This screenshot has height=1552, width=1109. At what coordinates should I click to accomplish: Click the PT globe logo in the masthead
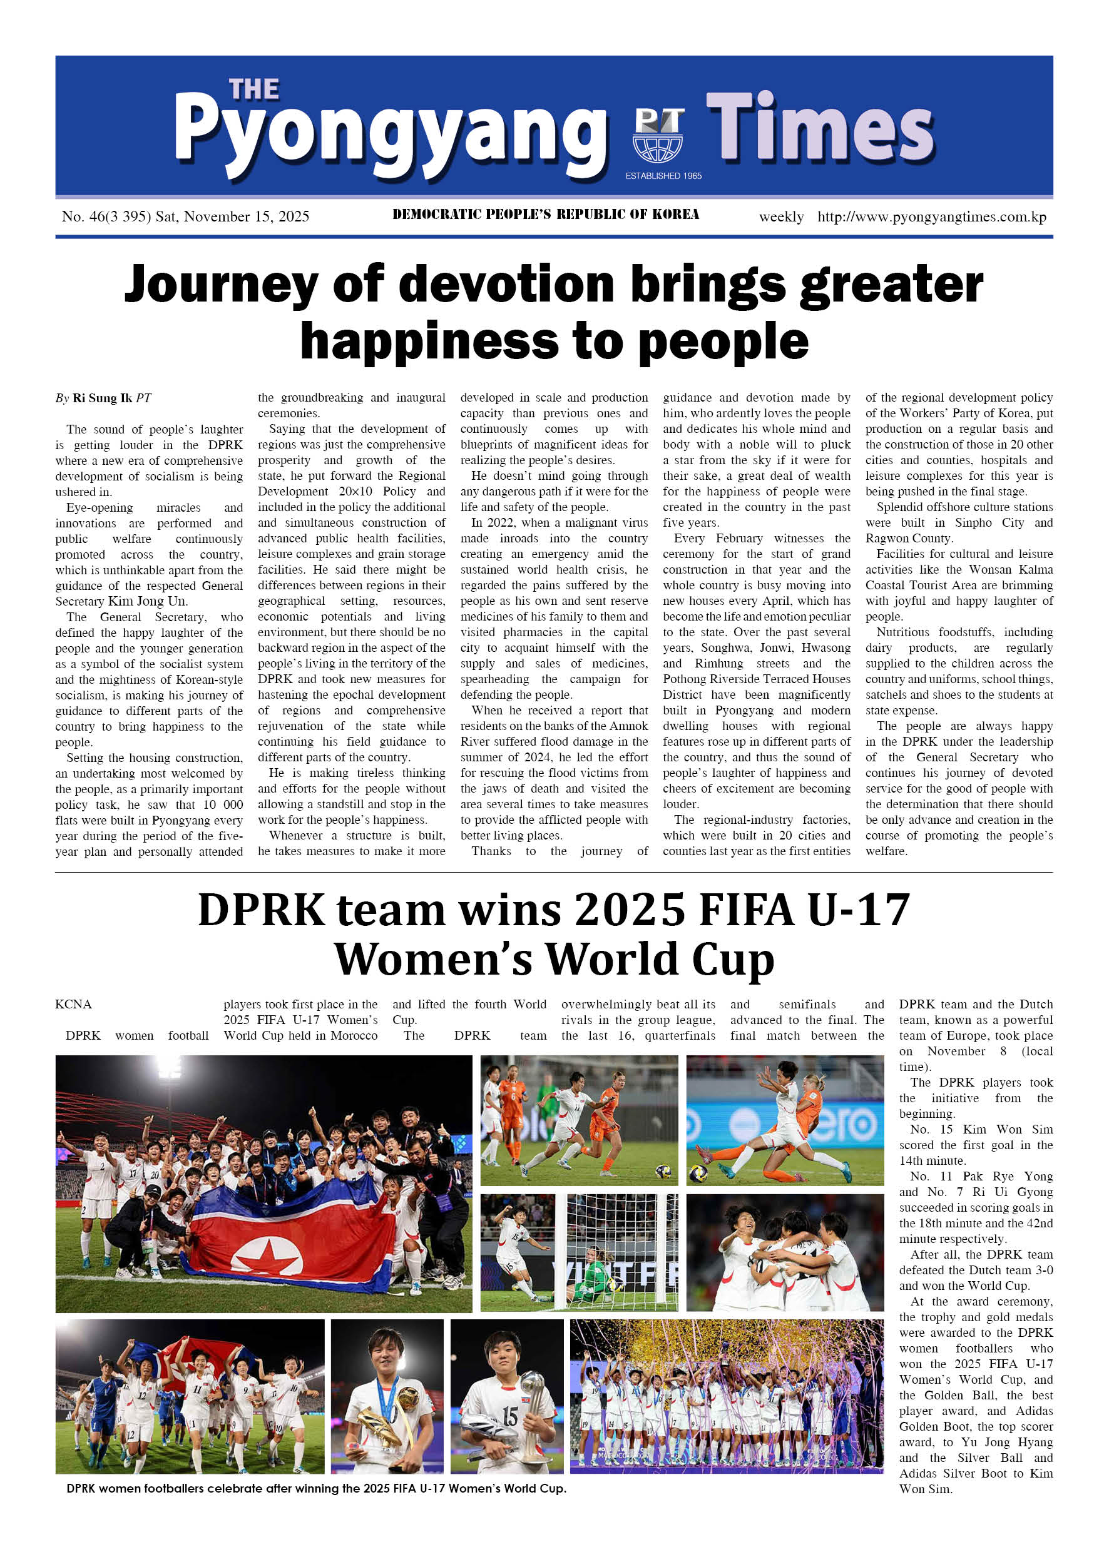(658, 134)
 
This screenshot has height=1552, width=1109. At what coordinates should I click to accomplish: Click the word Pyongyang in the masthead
(390, 133)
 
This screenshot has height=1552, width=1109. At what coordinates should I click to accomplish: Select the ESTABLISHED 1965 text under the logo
(663, 176)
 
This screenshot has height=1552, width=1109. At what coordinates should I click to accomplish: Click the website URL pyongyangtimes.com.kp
(931, 217)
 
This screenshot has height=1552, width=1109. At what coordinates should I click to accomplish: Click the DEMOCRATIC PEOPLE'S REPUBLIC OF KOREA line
(546, 215)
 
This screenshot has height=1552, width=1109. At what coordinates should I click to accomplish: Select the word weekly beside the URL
(781, 217)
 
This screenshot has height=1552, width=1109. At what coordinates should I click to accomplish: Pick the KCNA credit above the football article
(73, 1004)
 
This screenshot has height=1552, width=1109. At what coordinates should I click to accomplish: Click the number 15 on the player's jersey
(509, 1416)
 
